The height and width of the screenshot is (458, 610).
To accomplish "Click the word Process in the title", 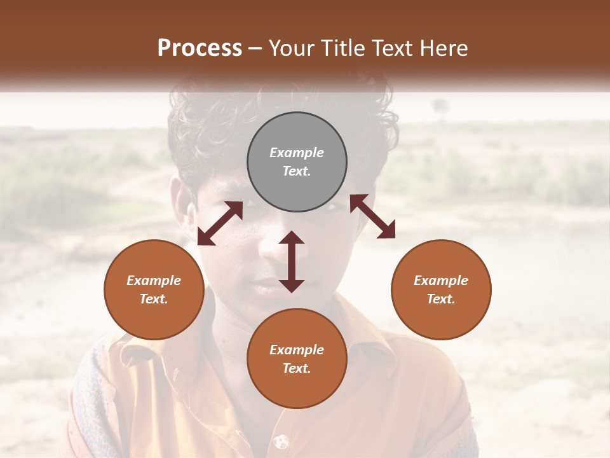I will coord(200,48).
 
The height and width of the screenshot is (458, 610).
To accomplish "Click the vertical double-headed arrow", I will coord(292,261).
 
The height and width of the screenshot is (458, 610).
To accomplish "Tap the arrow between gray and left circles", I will coord(220,223).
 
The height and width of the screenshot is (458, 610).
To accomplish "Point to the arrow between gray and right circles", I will coord(372,216).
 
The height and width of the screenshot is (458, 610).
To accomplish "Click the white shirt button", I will coord(280,440).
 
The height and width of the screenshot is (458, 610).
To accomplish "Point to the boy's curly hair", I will coord(210,127).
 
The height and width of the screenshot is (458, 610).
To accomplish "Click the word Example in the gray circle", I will coord(297,153).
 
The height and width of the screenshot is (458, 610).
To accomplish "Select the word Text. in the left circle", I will coord(154,299).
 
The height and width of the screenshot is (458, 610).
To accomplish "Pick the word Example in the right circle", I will coord(441,281).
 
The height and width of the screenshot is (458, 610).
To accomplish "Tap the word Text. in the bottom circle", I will coord(297,368).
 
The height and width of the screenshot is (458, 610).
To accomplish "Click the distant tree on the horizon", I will coord(440,106).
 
